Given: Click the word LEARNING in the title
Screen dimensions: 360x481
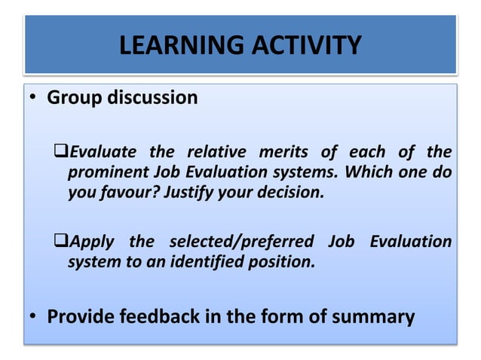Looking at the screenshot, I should [173, 46].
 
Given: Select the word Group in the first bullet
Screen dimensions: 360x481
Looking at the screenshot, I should [74, 98].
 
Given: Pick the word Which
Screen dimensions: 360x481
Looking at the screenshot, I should [367, 172].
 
